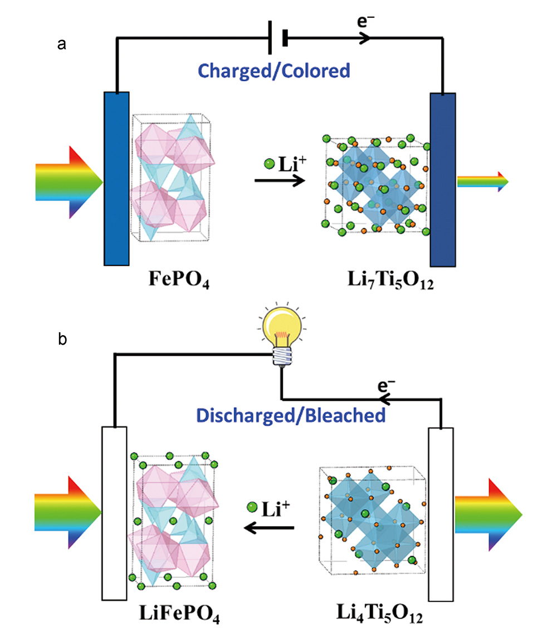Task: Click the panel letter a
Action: point(62,45)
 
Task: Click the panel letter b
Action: point(63,339)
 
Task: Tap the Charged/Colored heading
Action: point(274,71)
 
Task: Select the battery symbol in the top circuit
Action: point(276,39)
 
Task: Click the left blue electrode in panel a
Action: point(116,178)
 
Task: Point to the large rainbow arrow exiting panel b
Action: point(488,514)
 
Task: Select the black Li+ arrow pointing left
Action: point(270,527)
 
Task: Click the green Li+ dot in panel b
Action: point(252,507)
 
